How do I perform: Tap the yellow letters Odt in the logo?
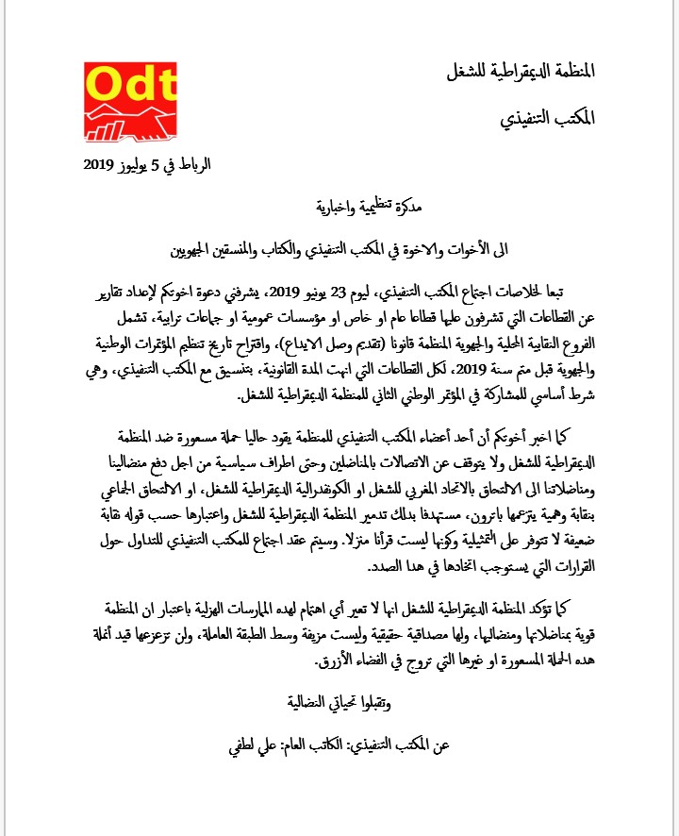tap(129, 85)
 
